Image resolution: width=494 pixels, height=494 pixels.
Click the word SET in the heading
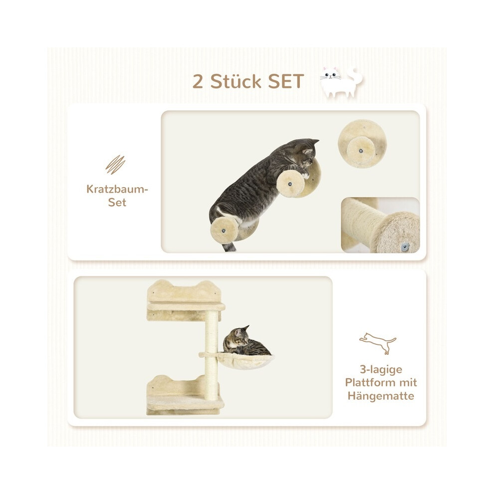pyautogui.click(x=286, y=82)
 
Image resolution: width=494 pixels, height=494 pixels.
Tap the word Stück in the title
pyautogui.click(x=236, y=81)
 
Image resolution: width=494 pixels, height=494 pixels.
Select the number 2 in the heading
pyautogui.click(x=198, y=82)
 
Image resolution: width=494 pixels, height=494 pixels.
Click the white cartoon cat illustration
pyautogui.click(x=341, y=82)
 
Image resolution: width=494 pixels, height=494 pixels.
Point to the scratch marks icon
pyautogui.click(x=115, y=165)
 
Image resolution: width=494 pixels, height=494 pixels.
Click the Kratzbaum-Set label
pyautogui.click(x=117, y=196)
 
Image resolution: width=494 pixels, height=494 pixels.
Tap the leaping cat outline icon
pyautogui.click(x=378, y=343)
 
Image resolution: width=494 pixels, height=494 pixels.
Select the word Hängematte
pyautogui.click(x=381, y=396)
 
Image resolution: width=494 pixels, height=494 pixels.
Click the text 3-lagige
pyautogui.click(x=381, y=370)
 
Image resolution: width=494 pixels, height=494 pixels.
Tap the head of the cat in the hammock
pyautogui.click(x=241, y=336)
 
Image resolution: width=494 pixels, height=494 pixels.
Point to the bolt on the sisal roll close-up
pyautogui.click(x=405, y=246)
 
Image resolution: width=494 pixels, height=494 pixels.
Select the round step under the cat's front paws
pyautogui.click(x=291, y=184)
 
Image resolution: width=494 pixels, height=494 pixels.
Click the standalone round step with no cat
pyautogui.click(x=362, y=144)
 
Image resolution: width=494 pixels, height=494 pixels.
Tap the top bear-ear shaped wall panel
pyautogui.click(x=184, y=291)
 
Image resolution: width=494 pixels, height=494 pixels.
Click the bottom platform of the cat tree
pyautogui.click(x=185, y=403)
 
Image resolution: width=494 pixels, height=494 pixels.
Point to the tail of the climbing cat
pyautogui.click(x=229, y=247)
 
